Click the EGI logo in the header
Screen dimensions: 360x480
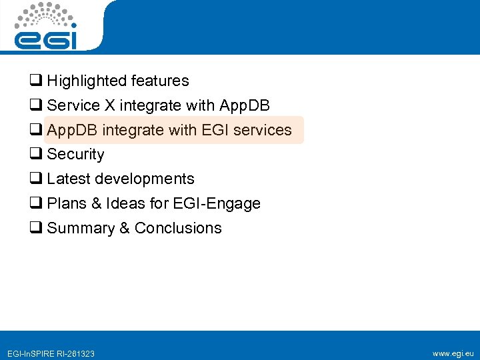(x=46, y=27)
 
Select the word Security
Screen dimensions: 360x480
(x=75, y=155)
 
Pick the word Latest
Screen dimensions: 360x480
(x=69, y=179)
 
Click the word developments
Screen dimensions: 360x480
(x=145, y=179)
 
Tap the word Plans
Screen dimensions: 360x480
(x=66, y=203)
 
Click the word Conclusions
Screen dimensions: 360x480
(x=178, y=228)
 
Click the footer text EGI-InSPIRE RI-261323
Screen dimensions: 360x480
(x=50, y=353)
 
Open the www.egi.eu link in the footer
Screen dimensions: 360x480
(x=453, y=353)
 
